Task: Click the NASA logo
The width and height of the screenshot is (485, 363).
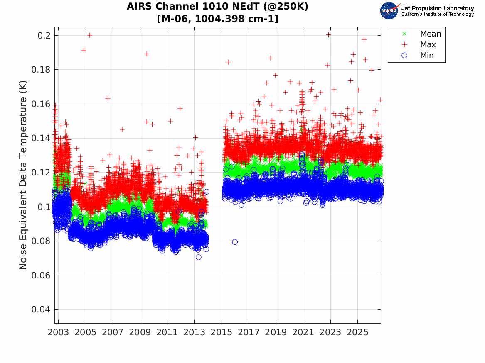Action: tap(389, 11)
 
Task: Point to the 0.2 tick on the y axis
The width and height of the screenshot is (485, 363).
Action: tap(44, 36)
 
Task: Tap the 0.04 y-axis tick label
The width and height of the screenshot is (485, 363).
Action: tap(40, 309)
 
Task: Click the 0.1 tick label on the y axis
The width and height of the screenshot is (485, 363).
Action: tap(44, 207)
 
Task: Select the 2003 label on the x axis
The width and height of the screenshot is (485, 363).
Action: tap(58, 332)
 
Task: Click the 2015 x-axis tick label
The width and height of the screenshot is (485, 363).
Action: tap(222, 332)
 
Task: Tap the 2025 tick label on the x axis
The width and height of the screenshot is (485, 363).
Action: tap(357, 332)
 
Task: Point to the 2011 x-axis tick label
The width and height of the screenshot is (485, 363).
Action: tap(167, 332)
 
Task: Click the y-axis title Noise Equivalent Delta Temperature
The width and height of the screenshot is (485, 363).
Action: tap(23, 175)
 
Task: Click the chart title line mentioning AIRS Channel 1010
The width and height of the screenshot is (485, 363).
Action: tap(217, 6)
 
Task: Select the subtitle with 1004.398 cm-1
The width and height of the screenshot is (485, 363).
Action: tap(217, 19)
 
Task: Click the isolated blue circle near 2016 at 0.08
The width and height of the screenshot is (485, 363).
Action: tap(235, 242)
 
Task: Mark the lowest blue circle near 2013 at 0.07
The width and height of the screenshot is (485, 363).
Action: tap(199, 257)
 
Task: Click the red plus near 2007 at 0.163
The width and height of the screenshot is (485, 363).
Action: tap(108, 98)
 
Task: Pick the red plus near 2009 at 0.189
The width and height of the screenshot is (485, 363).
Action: tap(147, 54)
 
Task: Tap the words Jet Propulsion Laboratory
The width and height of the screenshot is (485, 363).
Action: tap(438, 8)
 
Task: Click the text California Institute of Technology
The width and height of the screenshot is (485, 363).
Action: tap(438, 14)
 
